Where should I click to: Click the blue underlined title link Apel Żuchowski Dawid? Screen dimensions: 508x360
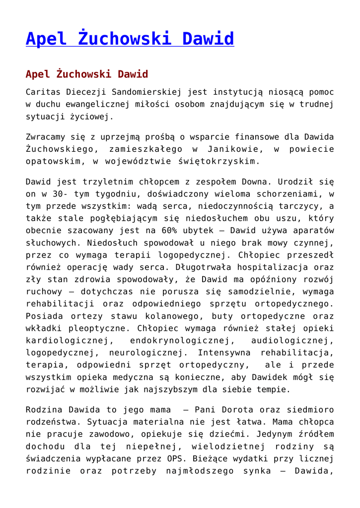pyautogui.click(x=130, y=39)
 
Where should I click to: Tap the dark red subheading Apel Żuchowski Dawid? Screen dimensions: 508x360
pyautogui.click(x=87, y=74)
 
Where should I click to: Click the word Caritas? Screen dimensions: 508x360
pyautogui.click(x=42, y=92)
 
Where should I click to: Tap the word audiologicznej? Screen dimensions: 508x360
pyautogui.click(x=292, y=341)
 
